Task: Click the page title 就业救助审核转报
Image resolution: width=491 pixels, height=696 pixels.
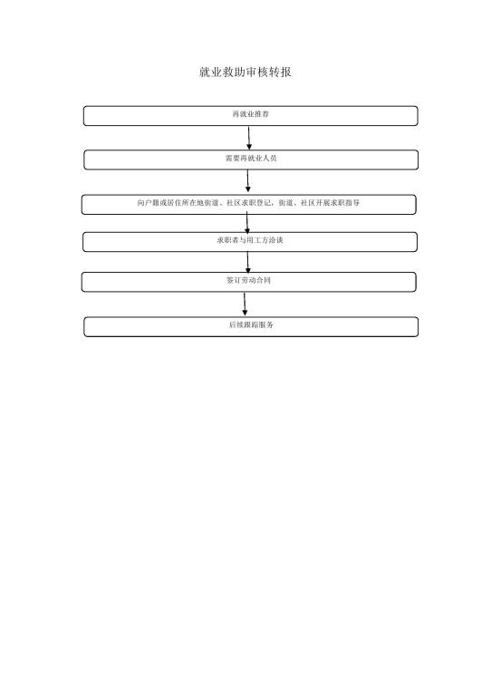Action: point(246,72)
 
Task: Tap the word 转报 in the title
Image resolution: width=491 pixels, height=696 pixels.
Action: point(280,72)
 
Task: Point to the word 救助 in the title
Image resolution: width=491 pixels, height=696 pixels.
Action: point(234,72)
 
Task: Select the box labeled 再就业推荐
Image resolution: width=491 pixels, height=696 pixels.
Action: point(251,116)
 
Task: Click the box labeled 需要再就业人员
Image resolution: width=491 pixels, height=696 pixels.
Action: point(251,159)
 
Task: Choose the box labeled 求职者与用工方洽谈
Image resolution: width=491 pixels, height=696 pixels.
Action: point(250,242)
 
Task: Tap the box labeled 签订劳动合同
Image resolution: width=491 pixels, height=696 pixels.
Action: point(249,282)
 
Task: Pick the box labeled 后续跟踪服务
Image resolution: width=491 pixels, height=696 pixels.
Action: point(251,326)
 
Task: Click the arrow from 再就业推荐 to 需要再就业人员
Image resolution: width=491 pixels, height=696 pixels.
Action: point(249,138)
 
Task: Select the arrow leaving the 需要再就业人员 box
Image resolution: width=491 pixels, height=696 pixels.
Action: point(248,181)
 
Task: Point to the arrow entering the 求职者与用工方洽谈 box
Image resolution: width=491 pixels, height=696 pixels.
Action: point(247,222)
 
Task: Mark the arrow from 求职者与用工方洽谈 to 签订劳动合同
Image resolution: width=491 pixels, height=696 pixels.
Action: point(248,262)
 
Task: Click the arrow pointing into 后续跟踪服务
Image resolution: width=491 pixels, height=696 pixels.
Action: point(245,304)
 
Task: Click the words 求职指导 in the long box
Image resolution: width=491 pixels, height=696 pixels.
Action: point(345,203)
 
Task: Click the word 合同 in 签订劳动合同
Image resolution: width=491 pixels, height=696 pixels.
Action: point(263,280)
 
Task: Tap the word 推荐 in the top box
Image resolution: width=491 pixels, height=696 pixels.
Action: point(262,114)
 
